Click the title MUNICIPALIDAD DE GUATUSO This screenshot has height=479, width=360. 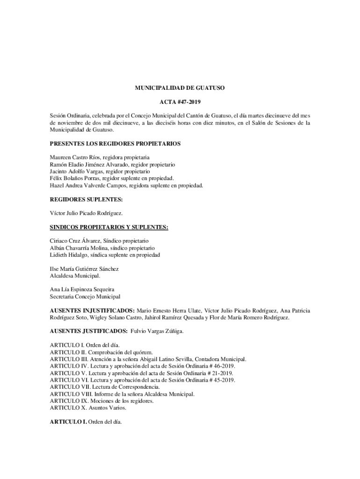pos(180,87)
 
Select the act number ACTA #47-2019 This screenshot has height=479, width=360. pos(180,102)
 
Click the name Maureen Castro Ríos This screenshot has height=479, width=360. pos(73,158)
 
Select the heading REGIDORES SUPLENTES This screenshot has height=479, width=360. pos(86,199)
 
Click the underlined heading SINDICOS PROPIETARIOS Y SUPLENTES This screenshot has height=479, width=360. pos(109,227)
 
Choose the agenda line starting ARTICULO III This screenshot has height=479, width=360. pos(148,359)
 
